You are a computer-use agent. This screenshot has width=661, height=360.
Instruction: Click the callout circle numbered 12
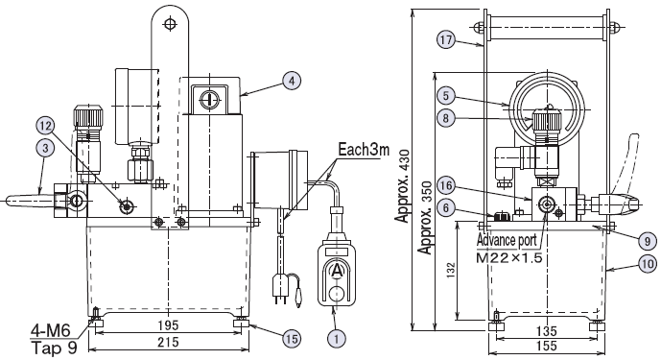point(45,126)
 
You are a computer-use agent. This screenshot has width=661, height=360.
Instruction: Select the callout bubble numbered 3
point(45,148)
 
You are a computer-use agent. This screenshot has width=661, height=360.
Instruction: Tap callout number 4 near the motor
point(293,81)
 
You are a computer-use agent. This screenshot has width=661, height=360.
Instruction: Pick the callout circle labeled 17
point(446,40)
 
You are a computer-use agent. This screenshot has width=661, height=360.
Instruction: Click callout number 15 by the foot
point(292,338)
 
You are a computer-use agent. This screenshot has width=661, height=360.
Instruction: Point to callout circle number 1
point(337,338)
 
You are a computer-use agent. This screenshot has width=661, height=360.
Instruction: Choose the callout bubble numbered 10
point(648,264)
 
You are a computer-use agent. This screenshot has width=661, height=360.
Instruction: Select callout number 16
point(446,185)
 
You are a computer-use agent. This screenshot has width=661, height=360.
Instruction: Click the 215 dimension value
point(168,342)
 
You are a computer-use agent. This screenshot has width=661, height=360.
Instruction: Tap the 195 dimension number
point(168,325)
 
